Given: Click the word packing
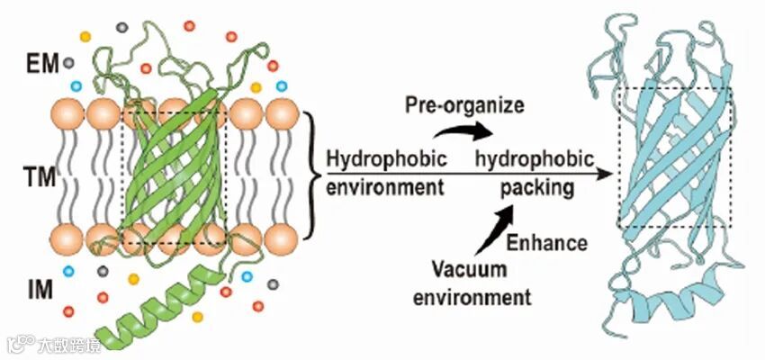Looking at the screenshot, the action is pyautogui.click(x=537, y=188).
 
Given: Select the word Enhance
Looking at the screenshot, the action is pyautogui.click(x=547, y=242).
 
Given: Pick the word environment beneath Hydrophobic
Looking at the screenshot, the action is pyautogui.click(x=384, y=188).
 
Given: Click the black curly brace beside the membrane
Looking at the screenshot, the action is pyautogui.click(x=311, y=175).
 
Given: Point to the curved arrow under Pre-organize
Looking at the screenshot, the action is pyautogui.click(x=463, y=132).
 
